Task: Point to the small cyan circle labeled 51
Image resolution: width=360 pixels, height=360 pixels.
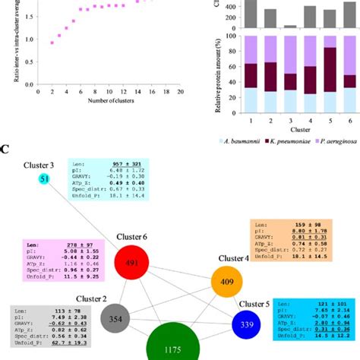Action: pyautogui.click(x=45, y=178)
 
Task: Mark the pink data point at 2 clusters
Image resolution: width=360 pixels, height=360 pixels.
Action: pyautogui.click(x=52, y=43)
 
